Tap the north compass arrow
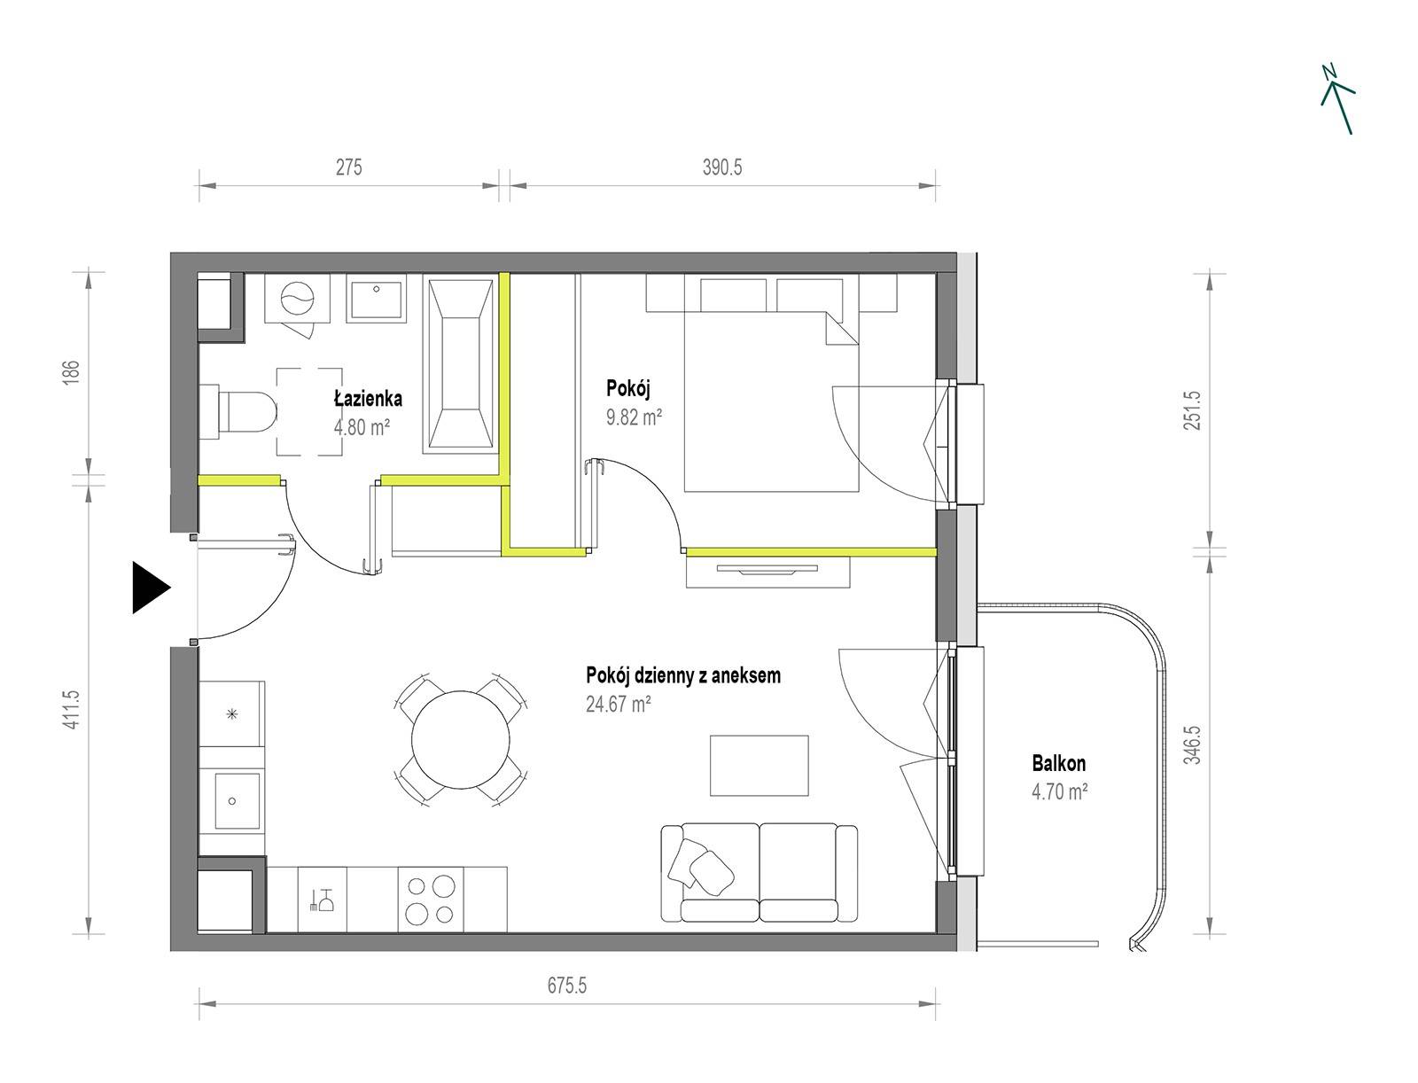[x=1336, y=99]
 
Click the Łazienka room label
[x=368, y=399]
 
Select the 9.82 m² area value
[x=634, y=417]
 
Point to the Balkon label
[x=1058, y=763]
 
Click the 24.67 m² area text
[x=619, y=704]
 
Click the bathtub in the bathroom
[x=461, y=363]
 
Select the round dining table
[x=461, y=739]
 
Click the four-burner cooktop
[x=430, y=900]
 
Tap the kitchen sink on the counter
[x=238, y=801]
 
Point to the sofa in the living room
[x=759, y=872]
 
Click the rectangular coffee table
[x=759, y=766]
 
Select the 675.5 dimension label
[x=566, y=986]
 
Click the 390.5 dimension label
[x=722, y=168]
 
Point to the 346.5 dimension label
[x=1192, y=745]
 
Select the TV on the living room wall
[x=767, y=569]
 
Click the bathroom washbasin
[x=376, y=298]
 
